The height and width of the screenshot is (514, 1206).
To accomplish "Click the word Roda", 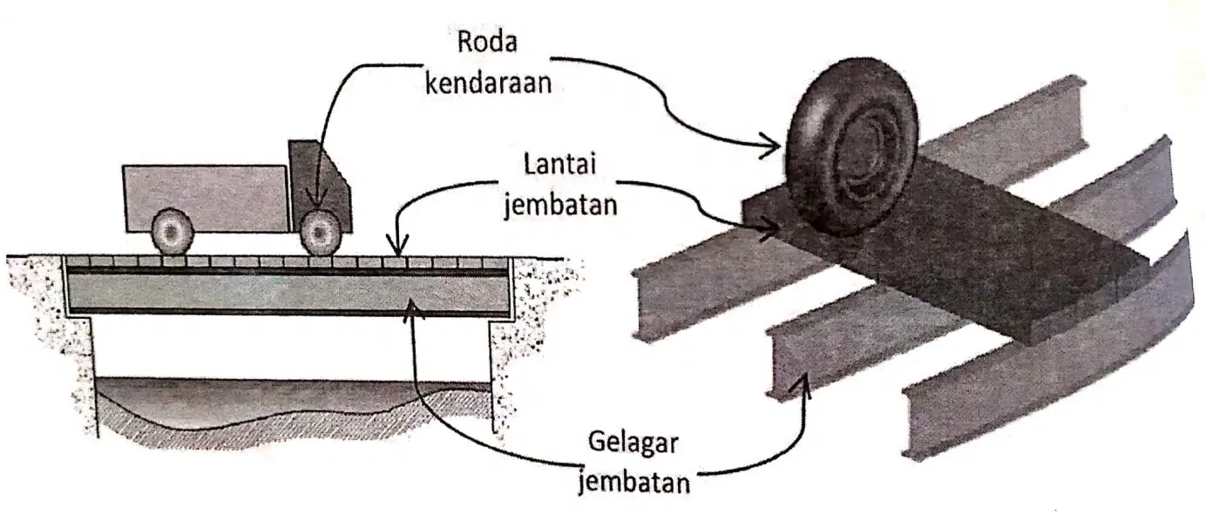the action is (x=487, y=43).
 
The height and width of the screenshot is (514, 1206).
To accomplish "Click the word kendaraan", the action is (x=488, y=84).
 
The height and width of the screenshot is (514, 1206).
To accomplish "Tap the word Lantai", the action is (x=560, y=164).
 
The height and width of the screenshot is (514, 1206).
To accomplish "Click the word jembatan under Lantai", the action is (x=560, y=205).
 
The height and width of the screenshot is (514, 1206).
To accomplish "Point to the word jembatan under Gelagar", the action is (x=633, y=482).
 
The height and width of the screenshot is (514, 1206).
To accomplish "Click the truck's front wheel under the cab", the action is (x=321, y=232).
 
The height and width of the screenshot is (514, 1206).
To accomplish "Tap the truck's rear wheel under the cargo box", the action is (x=173, y=232).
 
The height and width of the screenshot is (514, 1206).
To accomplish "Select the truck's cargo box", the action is (x=207, y=199).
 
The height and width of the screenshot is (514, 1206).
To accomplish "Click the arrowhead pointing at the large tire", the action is (x=771, y=145).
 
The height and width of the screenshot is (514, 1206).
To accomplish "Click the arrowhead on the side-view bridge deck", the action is (x=397, y=247).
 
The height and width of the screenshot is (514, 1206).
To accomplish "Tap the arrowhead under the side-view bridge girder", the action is (x=412, y=310).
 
